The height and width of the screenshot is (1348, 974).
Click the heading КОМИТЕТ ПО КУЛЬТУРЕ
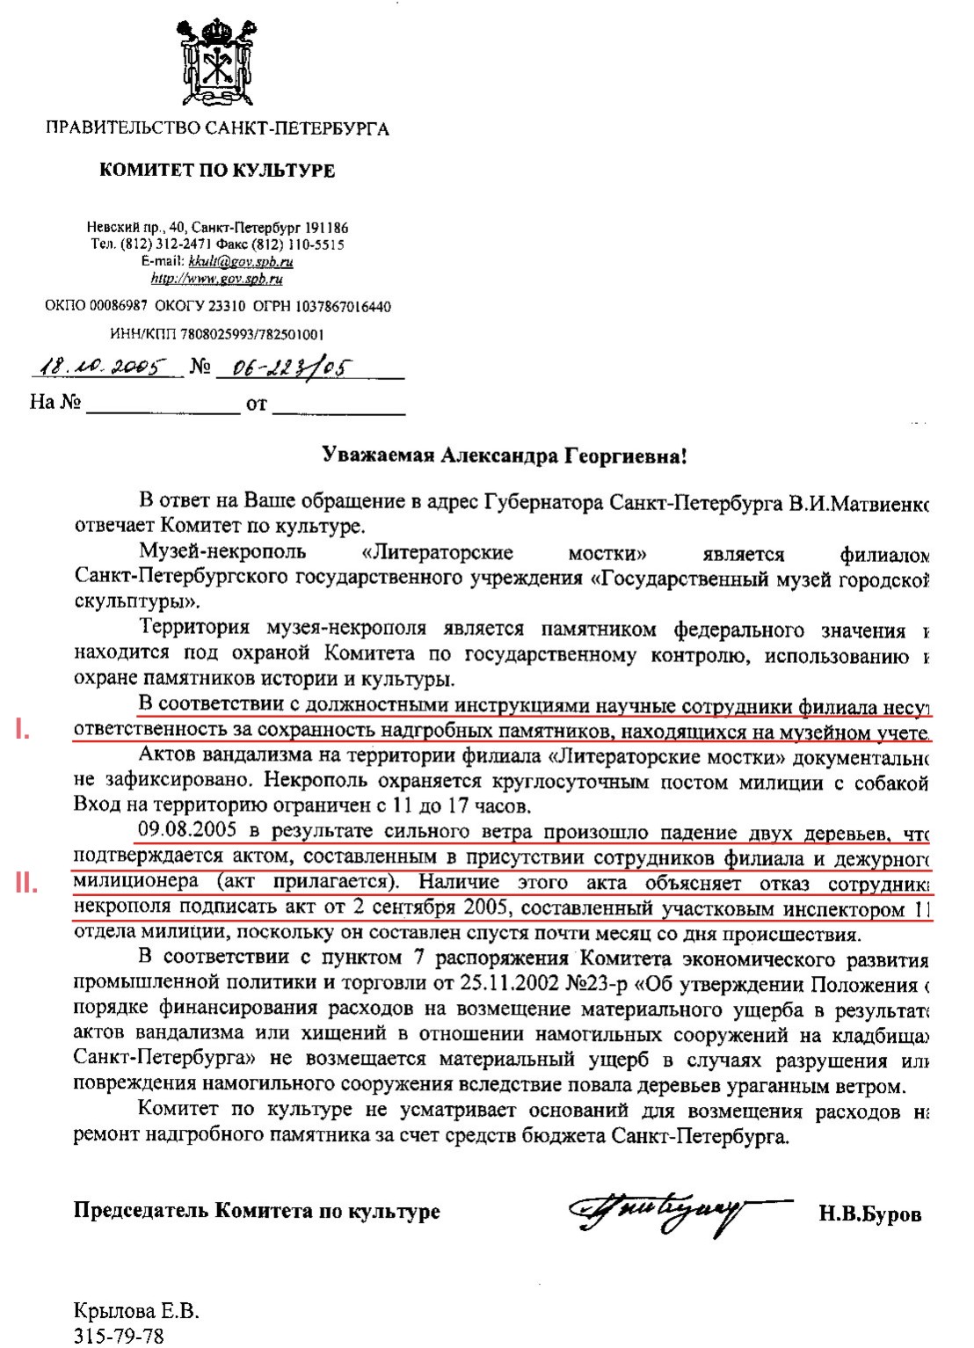coord(217,170)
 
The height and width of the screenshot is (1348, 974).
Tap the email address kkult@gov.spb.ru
coord(241,261)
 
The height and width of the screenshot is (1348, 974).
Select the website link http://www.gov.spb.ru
coord(217,279)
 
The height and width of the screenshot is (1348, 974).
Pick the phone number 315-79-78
coord(119,1336)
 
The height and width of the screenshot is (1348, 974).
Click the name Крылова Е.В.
coord(136,1313)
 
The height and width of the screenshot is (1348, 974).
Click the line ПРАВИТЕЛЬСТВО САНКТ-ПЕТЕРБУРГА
coord(217,129)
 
